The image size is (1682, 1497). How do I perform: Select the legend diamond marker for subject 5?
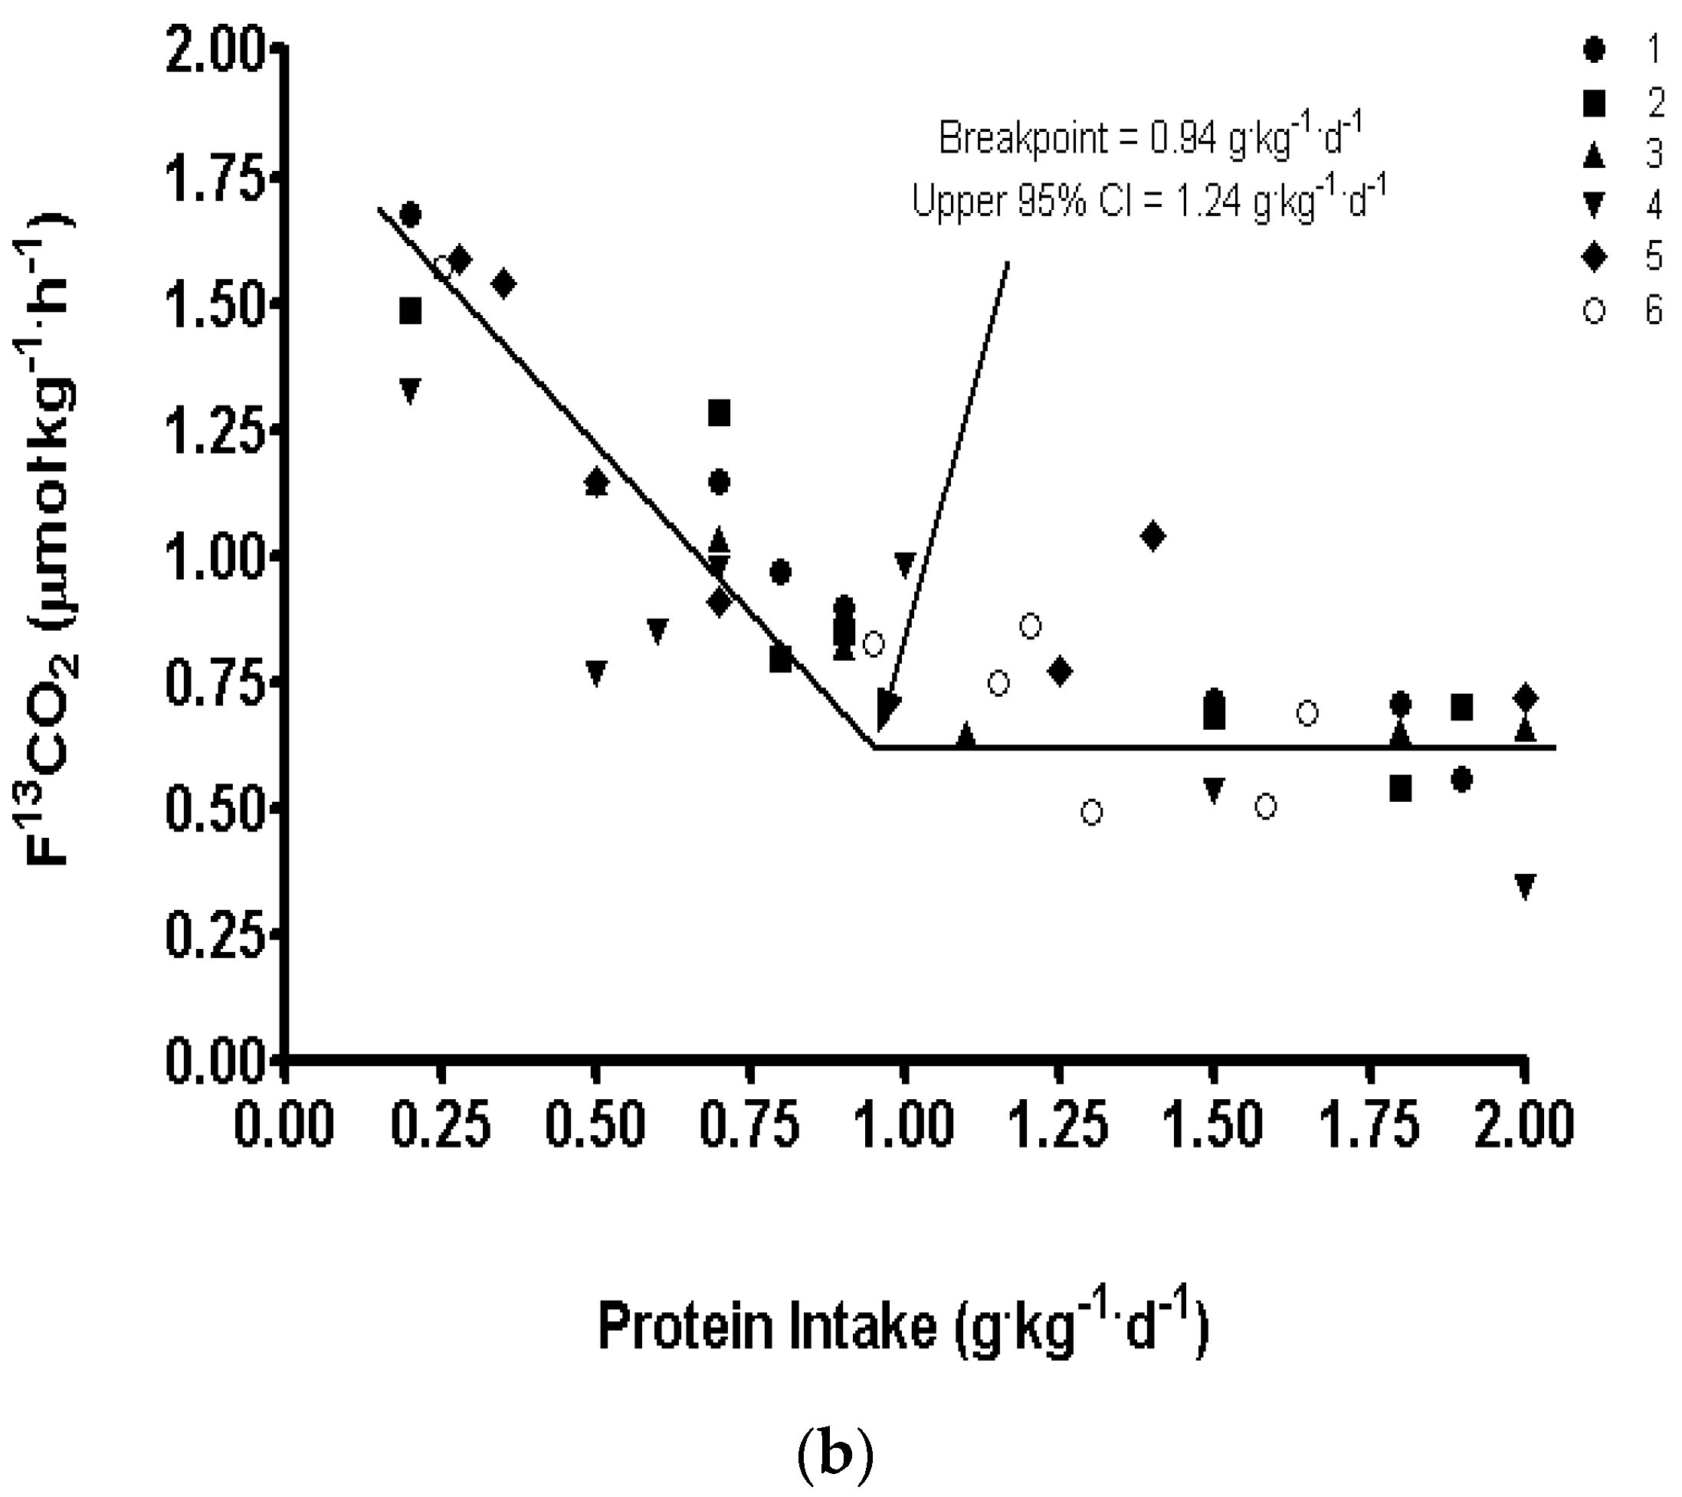tap(1594, 258)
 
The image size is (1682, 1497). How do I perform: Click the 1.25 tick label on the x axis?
tap(1058, 1125)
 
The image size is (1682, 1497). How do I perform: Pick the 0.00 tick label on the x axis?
tap(284, 1125)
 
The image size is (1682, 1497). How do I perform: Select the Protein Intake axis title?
tap(903, 1326)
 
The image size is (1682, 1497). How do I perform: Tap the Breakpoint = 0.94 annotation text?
tap(1152, 137)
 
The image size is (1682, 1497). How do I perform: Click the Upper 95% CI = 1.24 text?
tap(1149, 199)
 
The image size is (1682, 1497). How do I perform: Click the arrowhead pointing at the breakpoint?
tap(887, 711)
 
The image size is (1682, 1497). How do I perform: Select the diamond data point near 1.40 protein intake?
tap(1152, 537)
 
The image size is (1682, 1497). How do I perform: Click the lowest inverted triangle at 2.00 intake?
tap(1524, 886)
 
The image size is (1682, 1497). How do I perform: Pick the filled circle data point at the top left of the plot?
tap(410, 215)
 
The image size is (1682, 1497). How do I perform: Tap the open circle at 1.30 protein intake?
tap(1091, 813)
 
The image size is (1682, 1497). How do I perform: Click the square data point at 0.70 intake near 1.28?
tap(720, 412)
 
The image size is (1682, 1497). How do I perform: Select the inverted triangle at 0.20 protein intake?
tap(410, 390)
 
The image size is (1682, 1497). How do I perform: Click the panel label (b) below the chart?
tap(835, 1455)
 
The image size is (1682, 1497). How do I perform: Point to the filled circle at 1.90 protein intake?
tap(1461, 779)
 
